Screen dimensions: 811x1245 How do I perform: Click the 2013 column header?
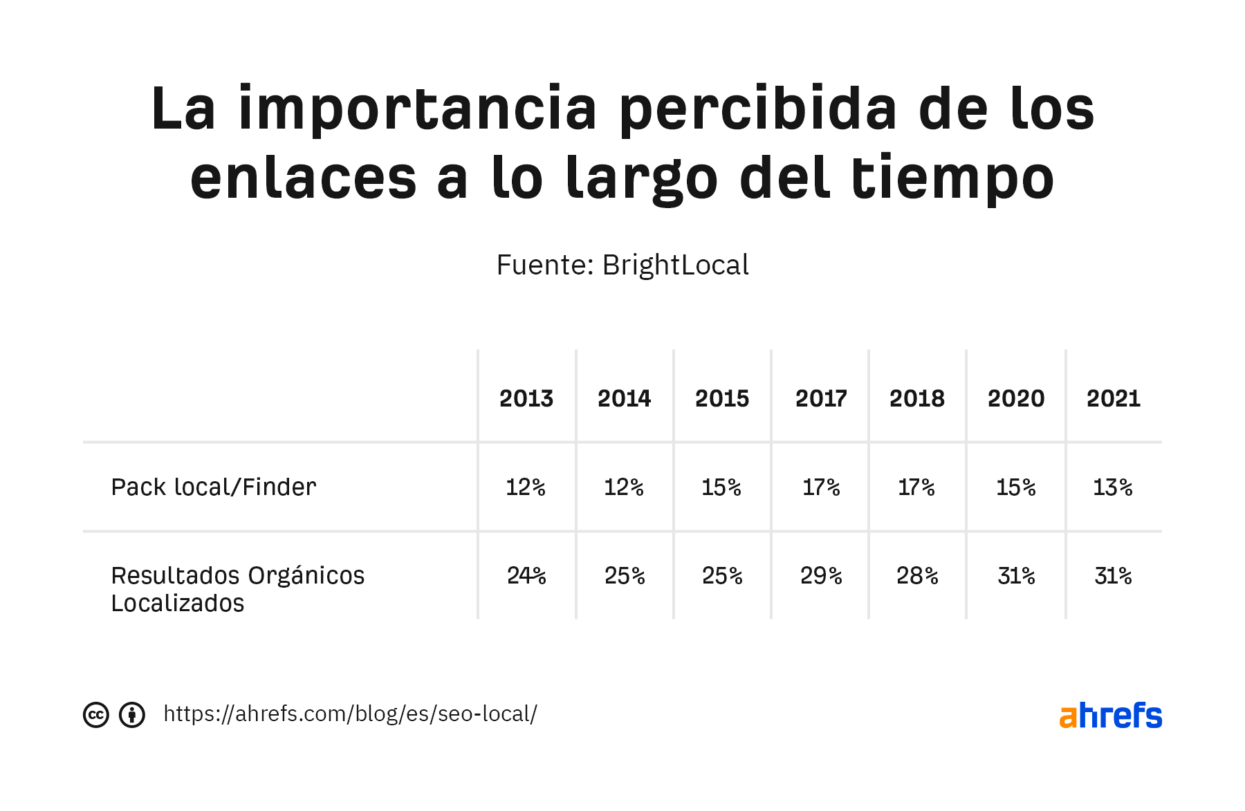coord(526,398)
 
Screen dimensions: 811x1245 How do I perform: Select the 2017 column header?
coord(821,398)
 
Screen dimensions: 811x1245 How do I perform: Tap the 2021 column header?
coord(1113,398)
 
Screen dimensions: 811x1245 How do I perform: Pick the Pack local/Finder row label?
coord(214,487)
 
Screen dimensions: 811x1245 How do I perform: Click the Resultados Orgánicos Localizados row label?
coord(237,589)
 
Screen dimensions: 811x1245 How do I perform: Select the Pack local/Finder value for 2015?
coord(721,487)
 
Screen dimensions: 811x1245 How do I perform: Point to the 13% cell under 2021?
coord(1113,487)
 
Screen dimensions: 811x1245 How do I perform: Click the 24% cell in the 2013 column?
coord(526,575)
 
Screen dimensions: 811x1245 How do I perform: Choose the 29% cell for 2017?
coord(821,575)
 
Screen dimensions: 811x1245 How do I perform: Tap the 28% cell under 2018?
coord(917,575)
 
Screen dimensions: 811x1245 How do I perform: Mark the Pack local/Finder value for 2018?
coord(917,487)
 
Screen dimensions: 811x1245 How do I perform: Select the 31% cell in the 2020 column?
coord(1016,575)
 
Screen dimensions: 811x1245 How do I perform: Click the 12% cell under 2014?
coord(624,487)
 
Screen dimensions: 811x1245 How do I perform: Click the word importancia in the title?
coord(417,109)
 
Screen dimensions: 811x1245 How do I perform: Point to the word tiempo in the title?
coord(952,178)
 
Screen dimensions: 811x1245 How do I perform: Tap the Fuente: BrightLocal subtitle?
coord(622,265)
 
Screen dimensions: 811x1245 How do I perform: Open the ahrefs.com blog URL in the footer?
coord(350,714)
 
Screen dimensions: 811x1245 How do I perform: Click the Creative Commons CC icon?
coord(96,715)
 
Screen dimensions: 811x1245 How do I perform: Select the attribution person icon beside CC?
coord(132,715)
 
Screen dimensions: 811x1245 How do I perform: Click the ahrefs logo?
coord(1110,716)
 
